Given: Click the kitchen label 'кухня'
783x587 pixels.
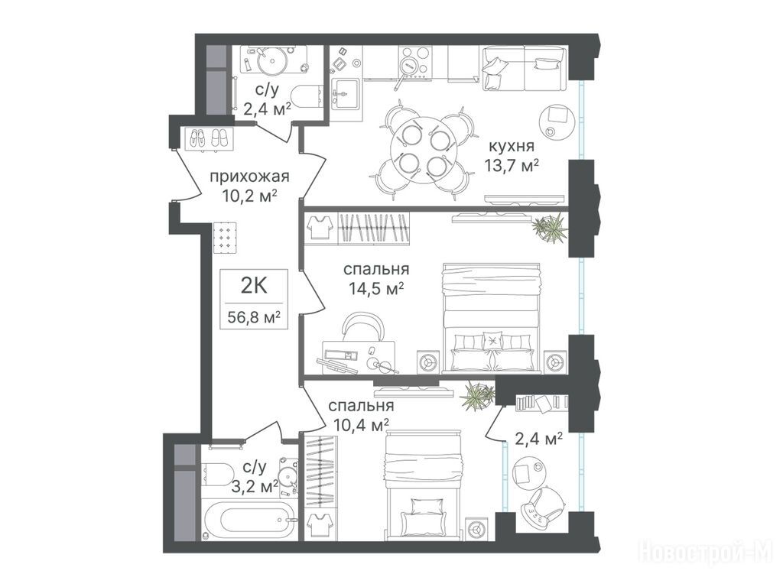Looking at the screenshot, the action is tap(511, 146).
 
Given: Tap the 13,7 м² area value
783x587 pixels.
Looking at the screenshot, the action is tap(512, 165).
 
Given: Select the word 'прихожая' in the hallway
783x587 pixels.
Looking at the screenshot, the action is tap(249, 177).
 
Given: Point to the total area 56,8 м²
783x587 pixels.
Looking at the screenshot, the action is tap(254, 317).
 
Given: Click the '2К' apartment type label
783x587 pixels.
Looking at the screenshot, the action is tap(254, 286).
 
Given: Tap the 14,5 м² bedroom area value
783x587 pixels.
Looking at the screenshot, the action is tap(376, 288).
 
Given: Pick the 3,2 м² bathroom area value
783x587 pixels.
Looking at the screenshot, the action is tap(255, 485).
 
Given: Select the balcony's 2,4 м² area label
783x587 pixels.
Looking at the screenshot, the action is tap(538, 439).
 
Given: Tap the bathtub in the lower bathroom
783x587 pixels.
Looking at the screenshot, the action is tap(249, 520).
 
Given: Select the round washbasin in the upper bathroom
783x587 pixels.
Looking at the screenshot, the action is tap(272, 61).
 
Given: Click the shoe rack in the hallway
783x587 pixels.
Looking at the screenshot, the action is tap(209, 138).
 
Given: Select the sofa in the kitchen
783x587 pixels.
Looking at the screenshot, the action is tap(525, 68).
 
